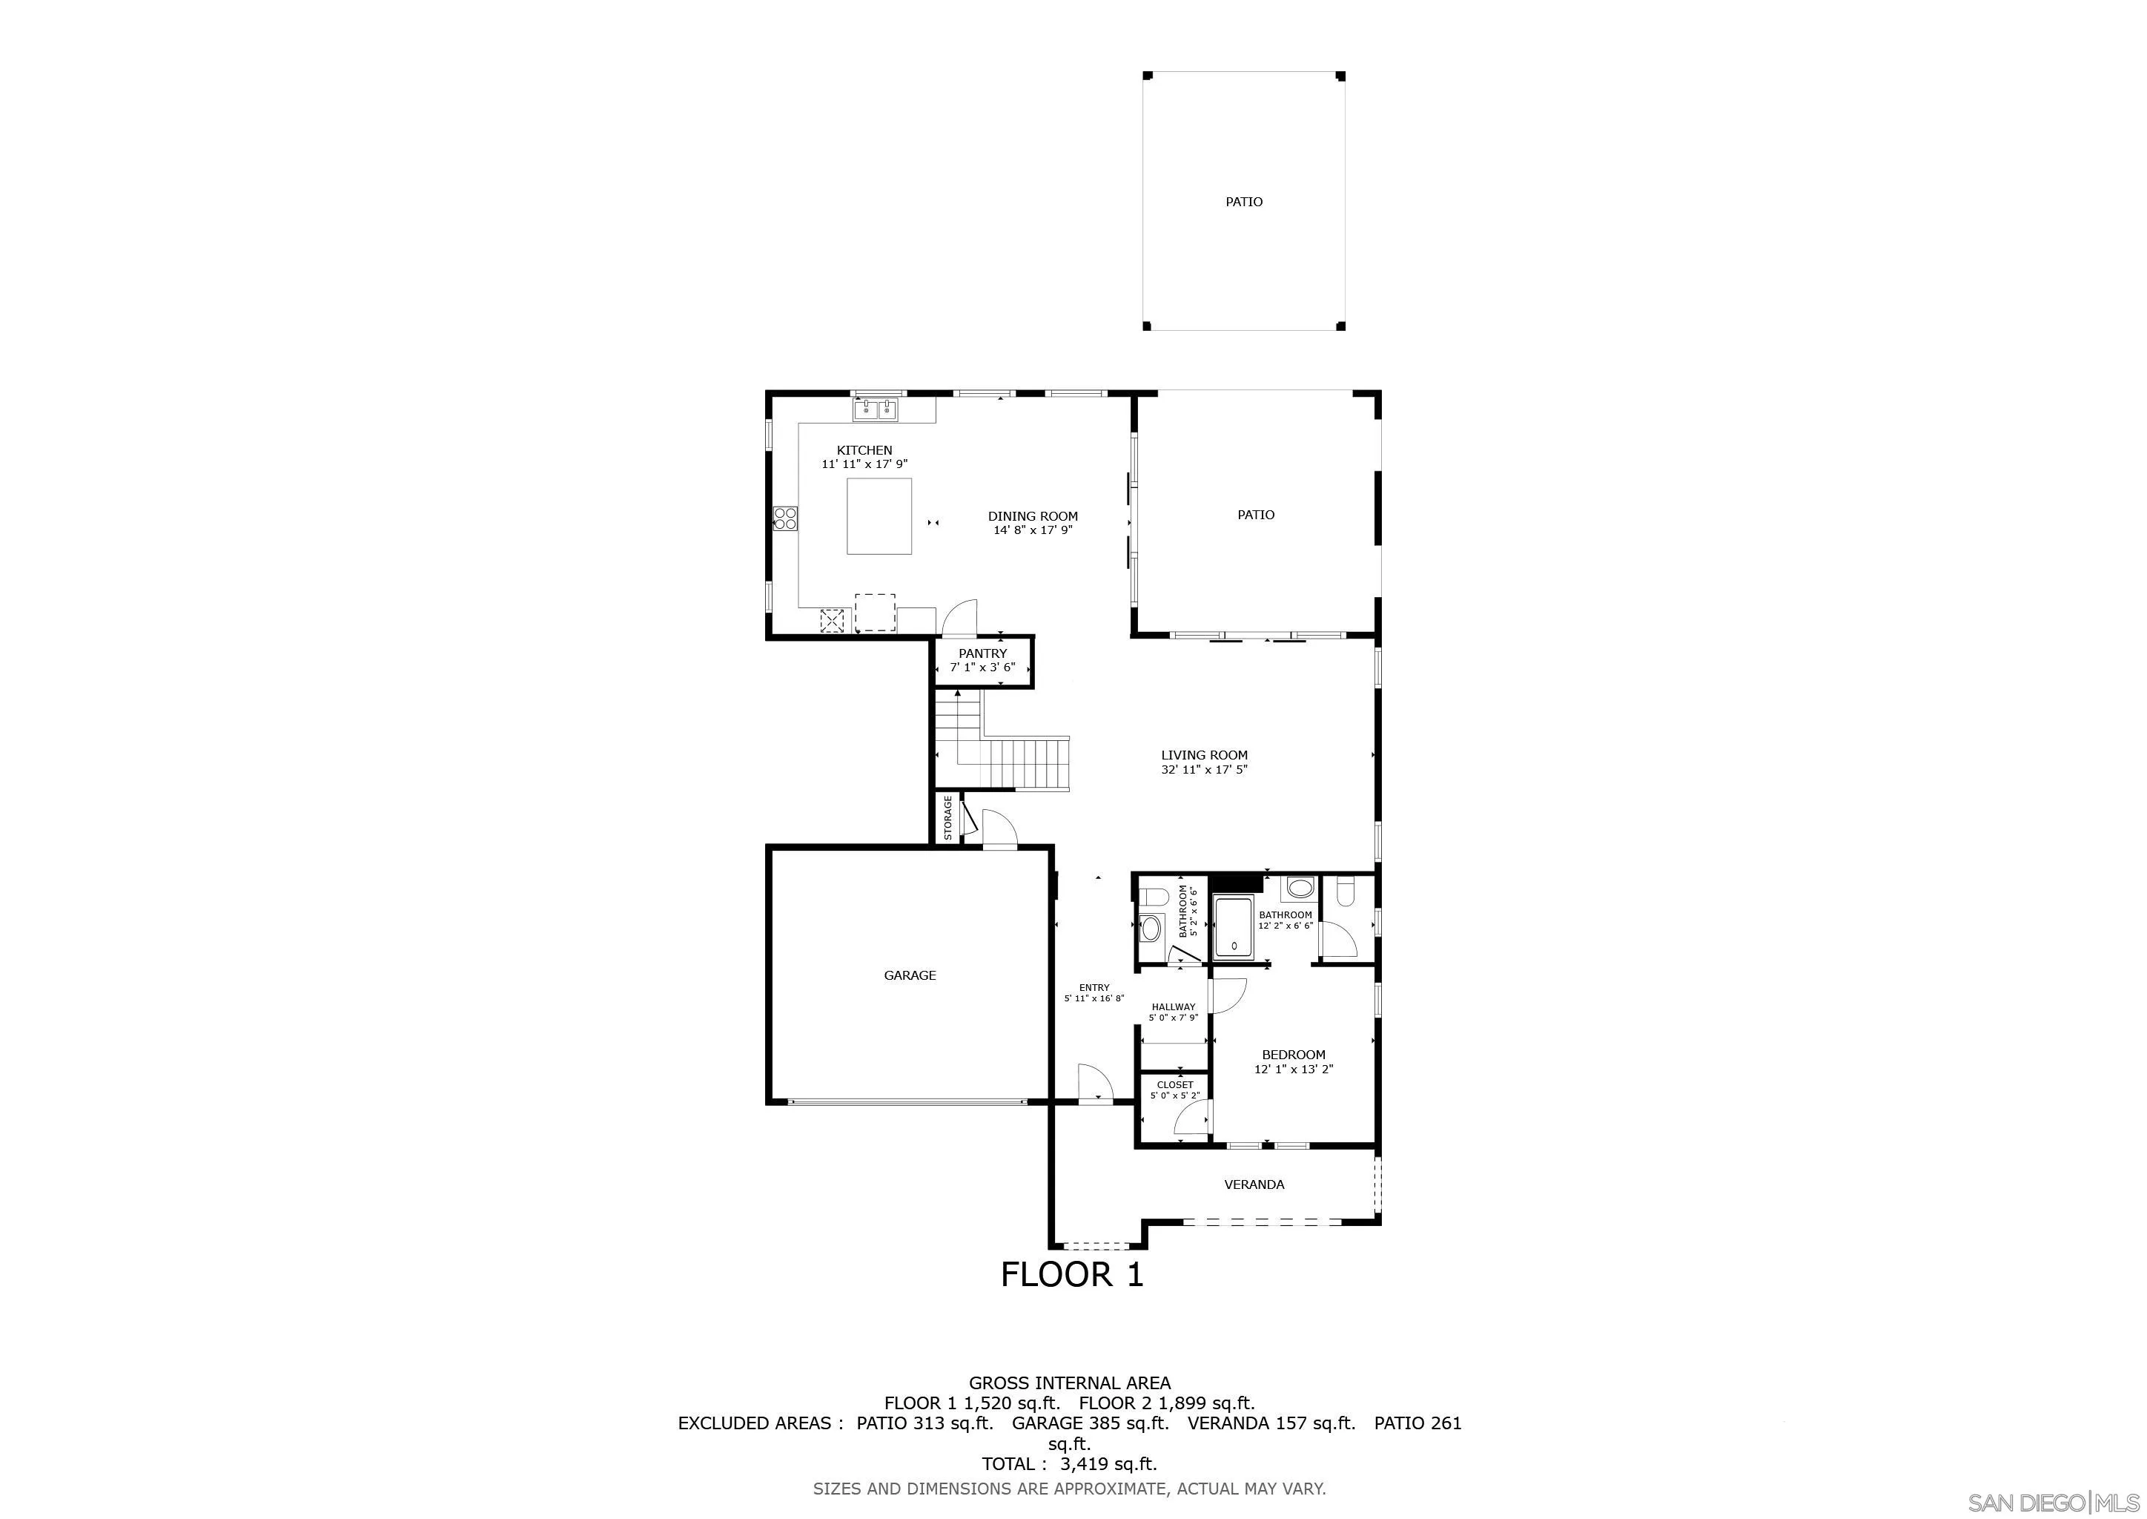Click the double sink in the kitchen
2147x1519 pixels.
tap(222, 409)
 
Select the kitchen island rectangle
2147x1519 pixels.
tap(225, 515)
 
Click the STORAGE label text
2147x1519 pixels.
tap(947, 817)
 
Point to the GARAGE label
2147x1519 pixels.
tap(909, 975)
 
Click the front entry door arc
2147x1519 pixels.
tap(1094, 1083)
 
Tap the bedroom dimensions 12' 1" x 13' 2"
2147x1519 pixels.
tap(1293, 1069)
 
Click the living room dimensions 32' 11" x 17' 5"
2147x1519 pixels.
tap(1205, 770)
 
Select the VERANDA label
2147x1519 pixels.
tap(1254, 1184)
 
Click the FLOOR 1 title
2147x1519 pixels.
tap(1071, 1274)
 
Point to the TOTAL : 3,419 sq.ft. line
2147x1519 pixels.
tap(1069, 1464)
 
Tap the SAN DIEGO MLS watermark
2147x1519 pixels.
tap(2054, 1502)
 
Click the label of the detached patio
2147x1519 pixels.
tap(1244, 201)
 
